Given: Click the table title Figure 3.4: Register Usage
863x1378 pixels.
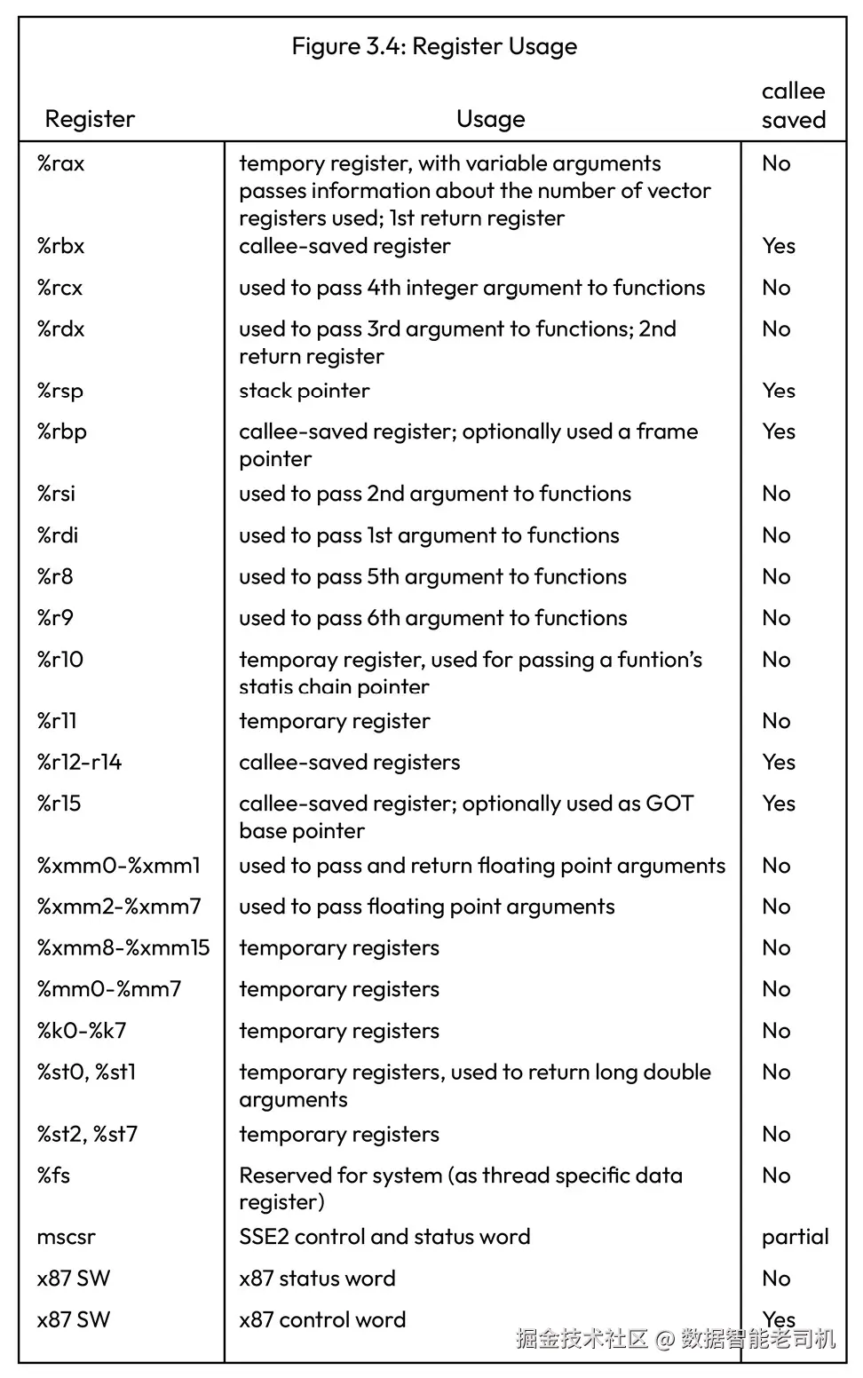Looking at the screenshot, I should pos(434,46).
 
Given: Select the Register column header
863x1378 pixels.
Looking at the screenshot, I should pos(90,119).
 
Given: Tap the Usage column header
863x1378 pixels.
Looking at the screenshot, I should pos(490,119).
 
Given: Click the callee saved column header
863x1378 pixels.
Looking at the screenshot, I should pos(793,106).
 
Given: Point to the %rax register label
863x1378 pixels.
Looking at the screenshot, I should pos(60,163).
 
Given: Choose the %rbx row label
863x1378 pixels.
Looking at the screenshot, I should pos(60,246).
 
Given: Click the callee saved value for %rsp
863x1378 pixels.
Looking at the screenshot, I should pos(778,391).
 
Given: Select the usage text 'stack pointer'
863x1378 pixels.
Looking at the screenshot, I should pos(304,391).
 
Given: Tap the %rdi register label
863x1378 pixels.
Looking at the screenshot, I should pos(58,535).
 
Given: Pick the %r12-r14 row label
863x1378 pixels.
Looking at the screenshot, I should pos(79,762).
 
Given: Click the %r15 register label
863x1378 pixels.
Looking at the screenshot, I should pos(59,804).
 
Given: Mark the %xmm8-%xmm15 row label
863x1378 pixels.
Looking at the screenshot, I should pos(123,947).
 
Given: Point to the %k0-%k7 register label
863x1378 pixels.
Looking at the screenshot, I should pos(82,1031).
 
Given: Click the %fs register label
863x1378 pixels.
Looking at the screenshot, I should pos(53,1176).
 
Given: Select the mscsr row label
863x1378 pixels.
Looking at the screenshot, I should pos(66,1237).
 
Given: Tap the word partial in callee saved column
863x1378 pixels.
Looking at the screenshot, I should pos(795,1237).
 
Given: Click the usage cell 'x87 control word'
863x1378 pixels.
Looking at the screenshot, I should pos(322,1319).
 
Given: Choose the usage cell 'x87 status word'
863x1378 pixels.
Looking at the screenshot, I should pos(317,1279).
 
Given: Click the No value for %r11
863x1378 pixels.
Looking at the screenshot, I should pos(776,721).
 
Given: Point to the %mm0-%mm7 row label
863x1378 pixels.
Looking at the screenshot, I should pos(109,989).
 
